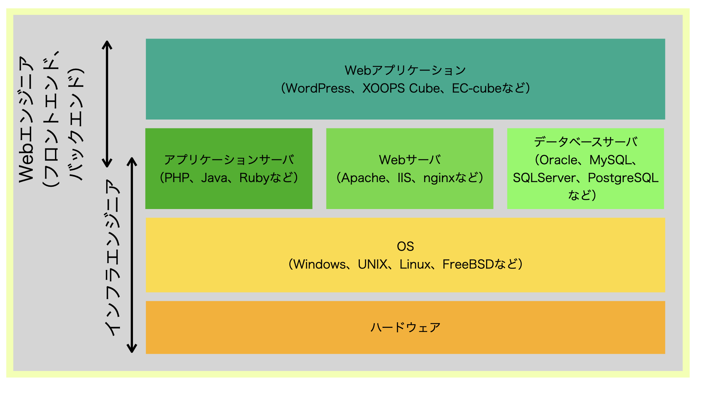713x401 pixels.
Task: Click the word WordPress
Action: click(x=318, y=88)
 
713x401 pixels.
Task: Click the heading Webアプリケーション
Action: click(x=405, y=70)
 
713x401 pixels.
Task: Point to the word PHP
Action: click(x=177, y=178)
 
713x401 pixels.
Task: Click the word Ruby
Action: click(x=254, y=178)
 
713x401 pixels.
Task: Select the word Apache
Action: click(x=364, y=178)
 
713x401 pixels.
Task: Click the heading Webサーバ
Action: click(x=410, y=160)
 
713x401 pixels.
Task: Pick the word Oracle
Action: click(x=559, y=160)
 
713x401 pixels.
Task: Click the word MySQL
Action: click(x=611, y=160)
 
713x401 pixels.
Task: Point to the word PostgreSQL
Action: click(x=623, y=178)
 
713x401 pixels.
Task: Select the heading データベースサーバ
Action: click(x=586, y=142)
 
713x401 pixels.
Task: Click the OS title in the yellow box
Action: click(x=405, y=247)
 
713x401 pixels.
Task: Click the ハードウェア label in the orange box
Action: click(x=405, y=327)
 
